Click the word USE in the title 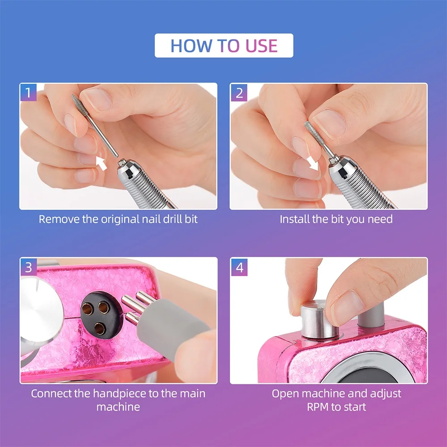pos(261,46)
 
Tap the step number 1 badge pos(28,93)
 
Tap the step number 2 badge pos(239,93)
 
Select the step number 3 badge pos(29,267)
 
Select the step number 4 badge pos(239,267)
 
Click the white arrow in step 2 pos(312,163)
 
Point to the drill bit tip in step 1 pos(73,96)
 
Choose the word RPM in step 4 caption pos(317,407)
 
